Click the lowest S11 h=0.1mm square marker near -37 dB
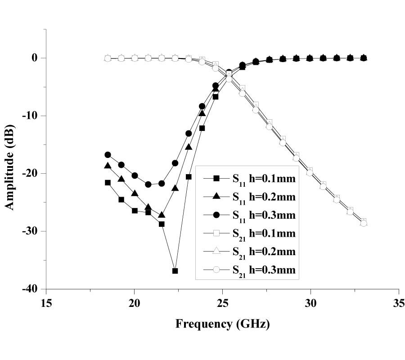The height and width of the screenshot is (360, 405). point(175,271)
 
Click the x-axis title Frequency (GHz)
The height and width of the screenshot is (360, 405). point(222,324)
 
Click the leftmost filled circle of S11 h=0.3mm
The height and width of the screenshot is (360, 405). point(108,155)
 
